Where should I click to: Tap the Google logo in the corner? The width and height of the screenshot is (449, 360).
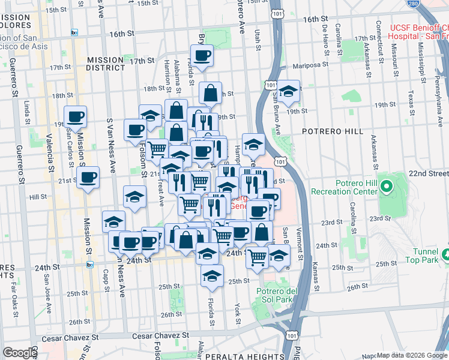19,353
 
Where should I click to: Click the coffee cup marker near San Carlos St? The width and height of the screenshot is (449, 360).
76,116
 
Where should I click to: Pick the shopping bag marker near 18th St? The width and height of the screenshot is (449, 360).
211,92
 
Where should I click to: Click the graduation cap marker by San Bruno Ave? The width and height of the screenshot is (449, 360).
289,91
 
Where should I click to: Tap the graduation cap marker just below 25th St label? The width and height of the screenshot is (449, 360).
211,276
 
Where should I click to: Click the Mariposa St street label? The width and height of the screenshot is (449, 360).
311,66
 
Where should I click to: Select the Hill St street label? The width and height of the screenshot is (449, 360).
38,196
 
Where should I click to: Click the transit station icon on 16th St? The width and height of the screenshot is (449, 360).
73,33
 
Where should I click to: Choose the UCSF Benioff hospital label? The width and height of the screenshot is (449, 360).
418,32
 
